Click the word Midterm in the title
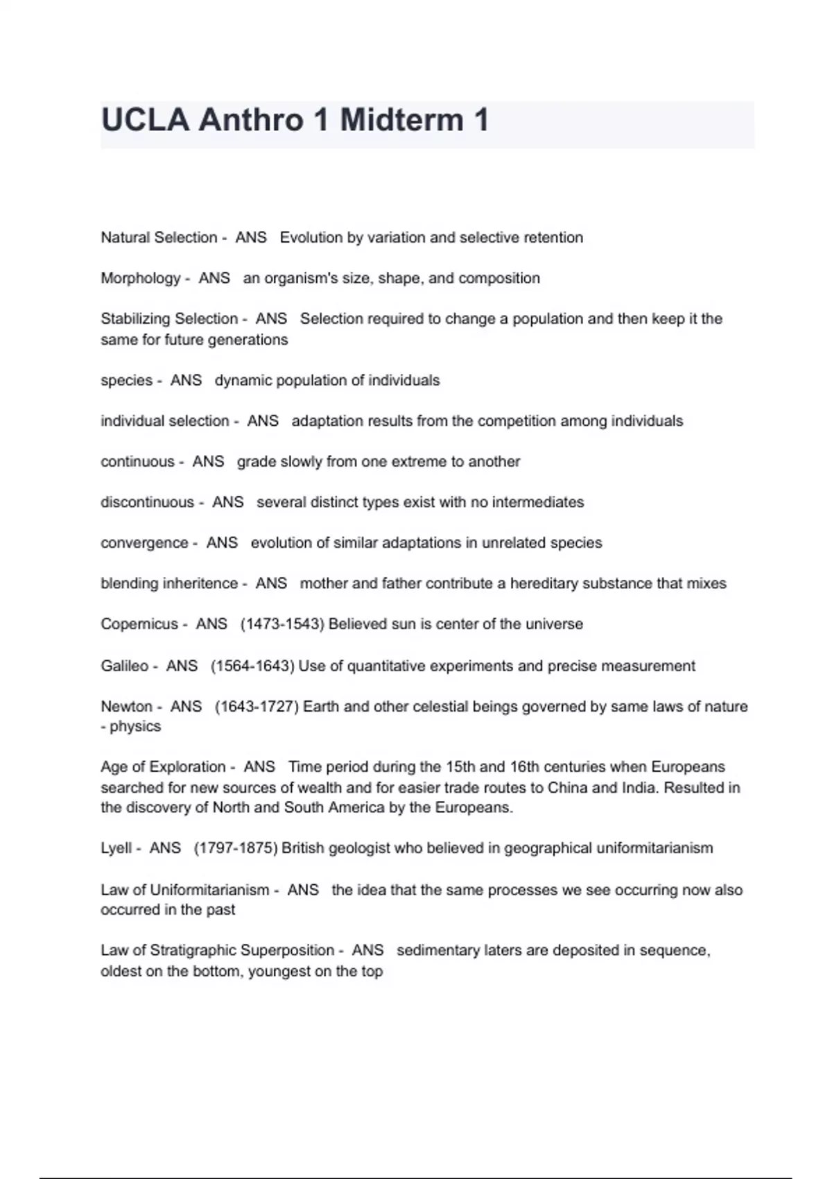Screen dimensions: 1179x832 click(x=401, y=120)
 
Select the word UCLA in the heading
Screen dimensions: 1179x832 click(x=145, y=120)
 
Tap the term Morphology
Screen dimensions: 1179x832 click(x=140, y=278)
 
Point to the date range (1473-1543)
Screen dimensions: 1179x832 click(x=282, y=624)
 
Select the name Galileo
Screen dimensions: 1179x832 click(x=124, y=666)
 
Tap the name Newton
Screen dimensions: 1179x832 click(x=126, y=707)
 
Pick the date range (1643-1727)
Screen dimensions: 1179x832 click(x=257, y=707)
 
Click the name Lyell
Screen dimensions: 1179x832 click(x=116, y=848)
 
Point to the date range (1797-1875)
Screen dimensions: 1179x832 click(x=236, y=848)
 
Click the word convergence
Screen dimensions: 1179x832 click(x=144, y=543)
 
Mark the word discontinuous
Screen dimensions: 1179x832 click(x=147, y=502)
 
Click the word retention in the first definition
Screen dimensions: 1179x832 click(x=553, y=238)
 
